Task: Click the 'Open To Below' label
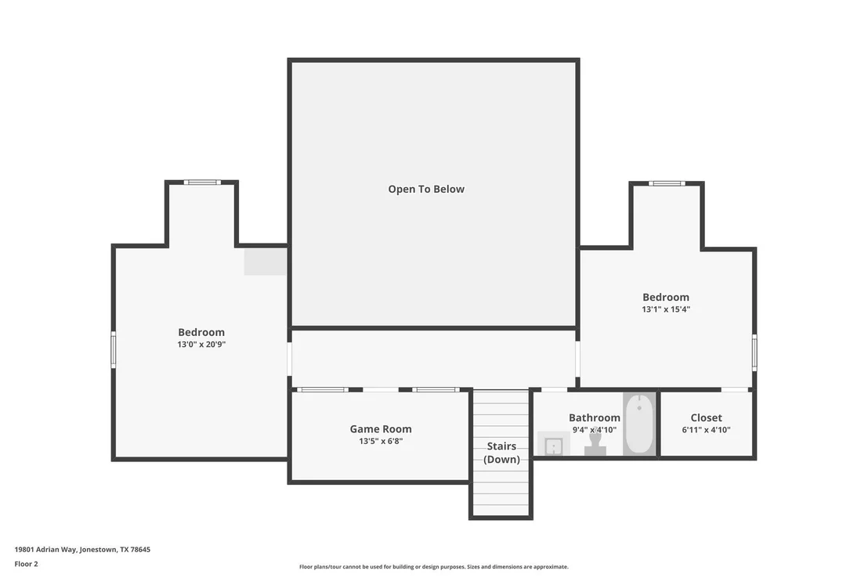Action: (426, 190)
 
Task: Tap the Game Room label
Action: (381, 429)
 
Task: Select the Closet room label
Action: (707, 418)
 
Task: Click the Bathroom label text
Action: (595, 418)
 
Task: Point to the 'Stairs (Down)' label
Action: (501, 453)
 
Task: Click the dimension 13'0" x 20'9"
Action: (201, 345)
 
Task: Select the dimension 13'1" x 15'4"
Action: (666, 309)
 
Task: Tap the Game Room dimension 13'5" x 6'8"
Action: (381, 441)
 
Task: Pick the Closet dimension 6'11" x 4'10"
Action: (707, 430)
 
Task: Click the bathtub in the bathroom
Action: (639, 424)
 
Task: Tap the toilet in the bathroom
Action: (595, 443)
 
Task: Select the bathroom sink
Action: (554, 444)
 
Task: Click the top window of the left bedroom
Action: (202, 182)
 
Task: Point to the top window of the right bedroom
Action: (667, 183)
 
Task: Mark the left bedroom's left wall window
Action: (114, 349)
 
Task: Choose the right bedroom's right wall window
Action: (754, 352)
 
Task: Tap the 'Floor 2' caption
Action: (26, 564)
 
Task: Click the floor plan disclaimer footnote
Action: (434, 567)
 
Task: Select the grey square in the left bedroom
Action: (266, 262)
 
